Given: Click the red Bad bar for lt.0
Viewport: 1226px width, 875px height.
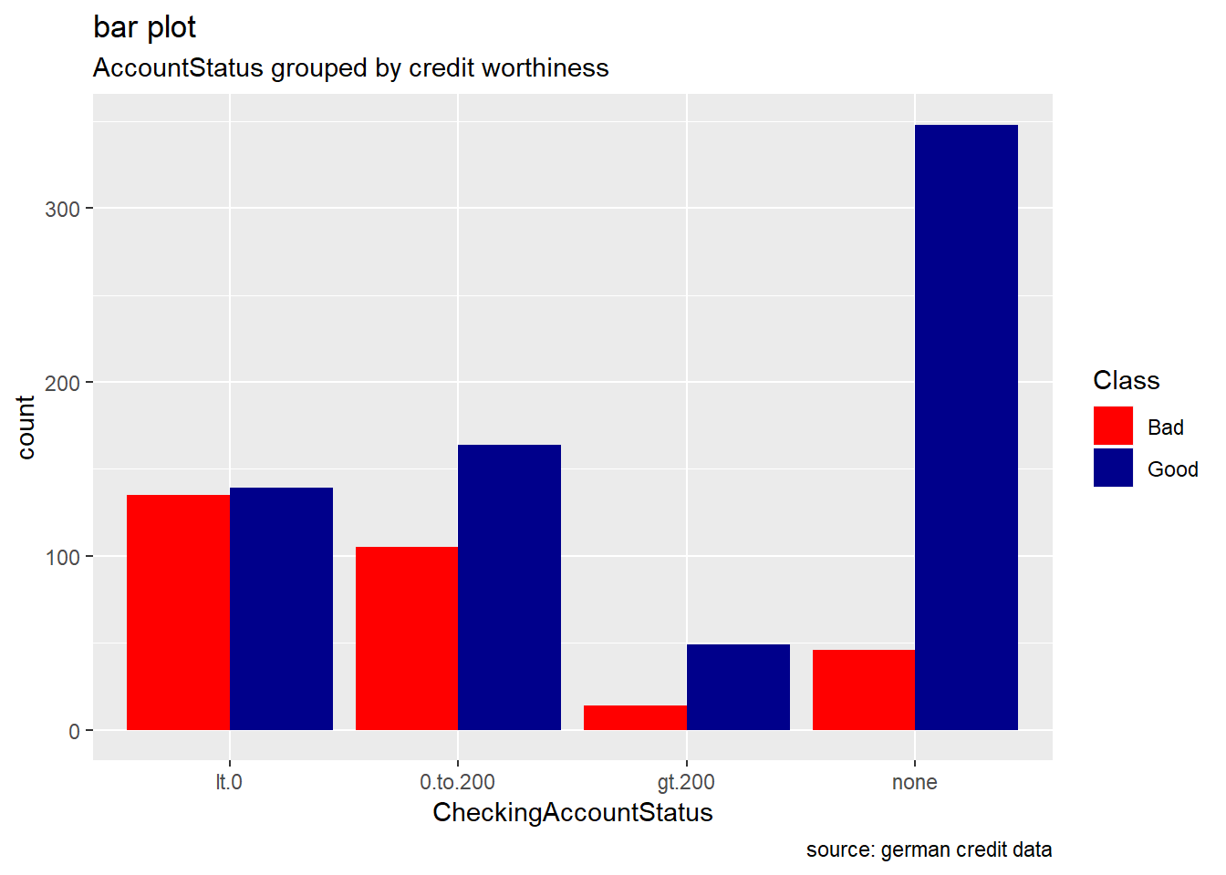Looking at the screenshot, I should (x=178, y=612).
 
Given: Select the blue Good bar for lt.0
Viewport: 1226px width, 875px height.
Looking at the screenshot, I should (x=281, y=608).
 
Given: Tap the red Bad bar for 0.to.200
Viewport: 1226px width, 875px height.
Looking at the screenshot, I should (x=407, y=638).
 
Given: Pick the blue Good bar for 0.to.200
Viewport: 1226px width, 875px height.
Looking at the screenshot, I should (x=509, y=587).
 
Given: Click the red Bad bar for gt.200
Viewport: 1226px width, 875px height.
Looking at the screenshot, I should (x=635, y=717).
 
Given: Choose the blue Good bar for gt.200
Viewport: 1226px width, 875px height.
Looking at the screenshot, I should (x=738, y=686).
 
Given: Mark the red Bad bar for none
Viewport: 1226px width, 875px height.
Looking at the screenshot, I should (x=864, y=689).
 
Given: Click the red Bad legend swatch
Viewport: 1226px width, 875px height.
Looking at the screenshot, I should (x=1113, y=426).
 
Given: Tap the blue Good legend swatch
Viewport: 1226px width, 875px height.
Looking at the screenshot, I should (x=1113, y=468).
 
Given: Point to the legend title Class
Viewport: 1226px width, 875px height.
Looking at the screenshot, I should (x=1126, y=380).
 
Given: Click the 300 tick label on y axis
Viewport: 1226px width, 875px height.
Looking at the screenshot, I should (x=63, y=209).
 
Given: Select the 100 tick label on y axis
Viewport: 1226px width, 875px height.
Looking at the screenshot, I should (x=63, y=557).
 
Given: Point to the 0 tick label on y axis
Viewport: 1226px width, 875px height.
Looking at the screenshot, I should (x=75, y=731).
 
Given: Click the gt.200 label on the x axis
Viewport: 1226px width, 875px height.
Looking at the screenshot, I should (x=686, y=782).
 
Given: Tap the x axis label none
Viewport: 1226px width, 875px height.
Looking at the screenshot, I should (x=914, y=782).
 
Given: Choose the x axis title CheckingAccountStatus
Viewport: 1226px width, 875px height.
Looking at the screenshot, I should (x=572, y=812).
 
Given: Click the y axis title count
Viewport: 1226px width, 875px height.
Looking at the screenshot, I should (x=26, y=427).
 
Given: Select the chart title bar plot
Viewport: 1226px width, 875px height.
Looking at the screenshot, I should (x=144, y=27).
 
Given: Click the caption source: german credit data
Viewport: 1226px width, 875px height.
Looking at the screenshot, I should (x=929, y=849).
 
